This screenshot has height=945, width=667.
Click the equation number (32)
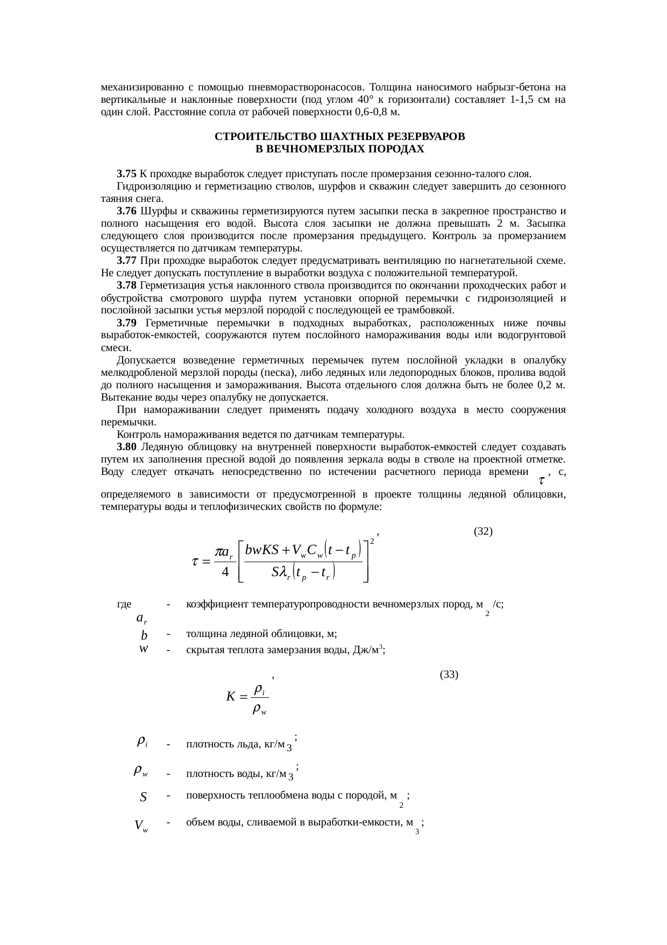483,531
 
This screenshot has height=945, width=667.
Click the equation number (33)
449,674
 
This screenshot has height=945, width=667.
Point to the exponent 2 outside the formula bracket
372,541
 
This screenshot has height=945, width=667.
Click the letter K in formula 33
230,697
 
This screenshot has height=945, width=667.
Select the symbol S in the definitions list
143,797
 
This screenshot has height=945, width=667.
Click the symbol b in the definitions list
144,635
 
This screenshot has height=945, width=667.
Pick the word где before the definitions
124,604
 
